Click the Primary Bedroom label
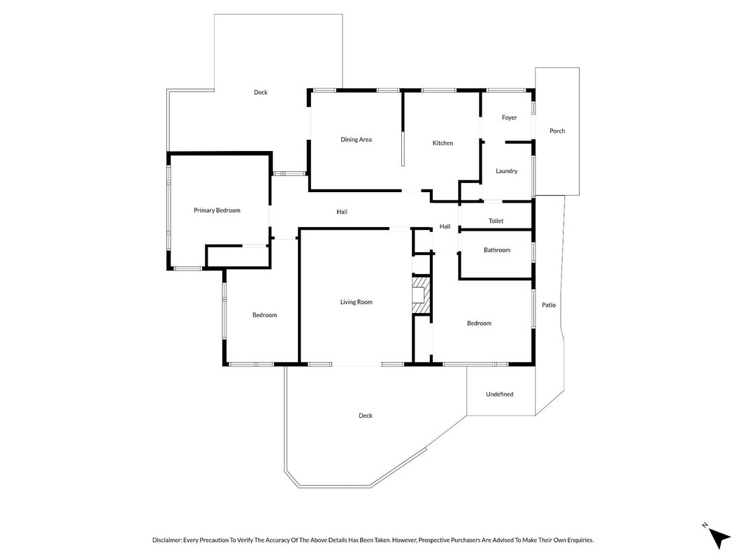[x=217, y=210]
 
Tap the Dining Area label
[x=356, y=139]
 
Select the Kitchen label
[x=443, y=143]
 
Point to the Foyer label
[x=509, y=117]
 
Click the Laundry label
[x=506, y=170]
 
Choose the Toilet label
[x=496, y=221]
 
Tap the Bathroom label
[x=496, y=249]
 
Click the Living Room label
[x=356, y=302]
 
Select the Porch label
[x=557, y=131]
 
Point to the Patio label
[x=549, y=305]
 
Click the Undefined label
[x=500, y=394]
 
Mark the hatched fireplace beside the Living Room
[x=421, y=295]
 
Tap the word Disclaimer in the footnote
[x=167, y=540]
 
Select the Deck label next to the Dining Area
[x=260, y=92]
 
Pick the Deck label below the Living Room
[x=366, y=416]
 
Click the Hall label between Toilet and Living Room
[x=445, y=226]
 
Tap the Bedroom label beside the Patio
[x=479, y=324]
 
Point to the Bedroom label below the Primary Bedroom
[x=264, y=314]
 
